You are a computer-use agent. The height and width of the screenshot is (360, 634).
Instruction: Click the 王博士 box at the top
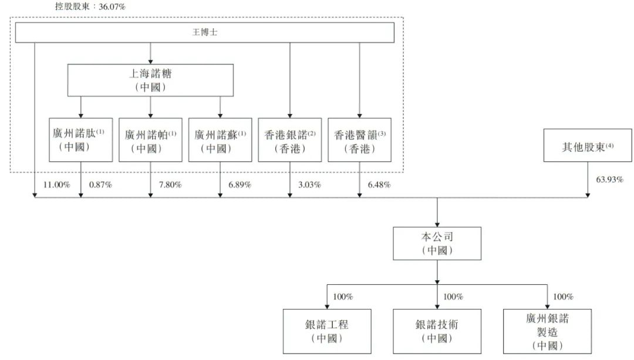(x=205, y=32)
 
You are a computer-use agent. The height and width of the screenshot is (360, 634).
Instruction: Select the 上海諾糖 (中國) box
(x=150, y=80)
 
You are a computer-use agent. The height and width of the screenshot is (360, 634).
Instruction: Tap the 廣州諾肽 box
(x=81, y=140)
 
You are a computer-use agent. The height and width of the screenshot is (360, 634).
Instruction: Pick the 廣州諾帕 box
(x=150, y=140)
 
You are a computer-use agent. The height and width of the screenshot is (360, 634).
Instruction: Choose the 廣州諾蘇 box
(x=220, y=140)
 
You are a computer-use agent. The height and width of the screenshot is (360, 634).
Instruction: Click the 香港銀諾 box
(x=290, y=140)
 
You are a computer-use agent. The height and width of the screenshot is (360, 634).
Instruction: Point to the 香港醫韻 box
(x=359, y=140)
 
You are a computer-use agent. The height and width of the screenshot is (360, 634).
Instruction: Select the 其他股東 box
(x=588, y=146)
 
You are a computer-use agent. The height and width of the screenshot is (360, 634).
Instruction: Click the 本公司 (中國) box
(x=437, y=244)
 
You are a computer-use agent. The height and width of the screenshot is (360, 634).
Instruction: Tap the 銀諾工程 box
(x=327, y=331)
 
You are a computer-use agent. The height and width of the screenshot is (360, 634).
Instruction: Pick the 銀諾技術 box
(x=437, y=331)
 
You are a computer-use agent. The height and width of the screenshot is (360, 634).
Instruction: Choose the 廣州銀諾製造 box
(x=547, y=331)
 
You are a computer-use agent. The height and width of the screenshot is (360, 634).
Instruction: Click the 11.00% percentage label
(x=56, y=185)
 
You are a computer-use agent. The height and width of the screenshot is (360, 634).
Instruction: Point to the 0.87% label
(x=101, y=185)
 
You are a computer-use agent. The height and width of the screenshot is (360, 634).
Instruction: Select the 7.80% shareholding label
(x=170, y=185)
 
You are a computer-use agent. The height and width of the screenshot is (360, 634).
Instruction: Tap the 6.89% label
(x=240, y=185)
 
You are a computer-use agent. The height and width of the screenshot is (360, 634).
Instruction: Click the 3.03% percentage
(x=310, y=185)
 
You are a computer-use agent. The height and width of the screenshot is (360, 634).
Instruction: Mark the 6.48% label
(x=379, y=185)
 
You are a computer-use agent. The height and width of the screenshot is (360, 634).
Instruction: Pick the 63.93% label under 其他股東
(x=610, y=180)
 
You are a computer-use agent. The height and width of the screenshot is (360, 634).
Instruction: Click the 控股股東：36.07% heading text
(x=90, y=6)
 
